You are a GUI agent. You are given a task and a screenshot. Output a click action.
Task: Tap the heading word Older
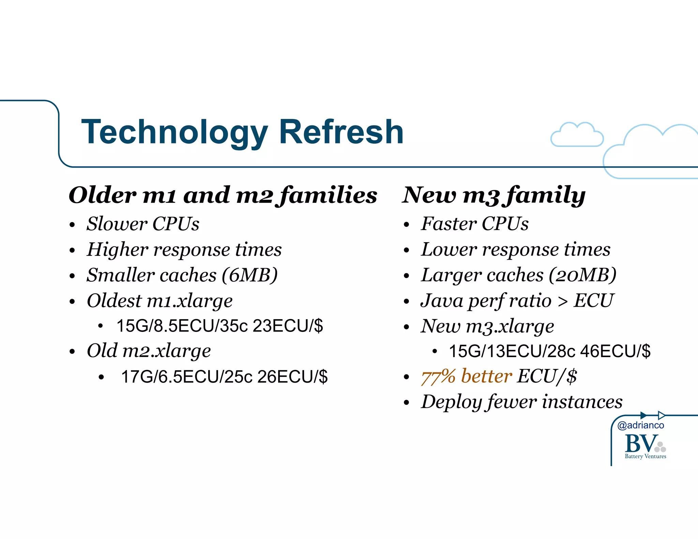102,195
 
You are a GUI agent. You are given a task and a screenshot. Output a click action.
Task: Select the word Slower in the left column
117,224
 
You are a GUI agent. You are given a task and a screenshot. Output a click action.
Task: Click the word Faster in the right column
449,224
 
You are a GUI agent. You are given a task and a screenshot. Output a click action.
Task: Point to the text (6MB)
249,275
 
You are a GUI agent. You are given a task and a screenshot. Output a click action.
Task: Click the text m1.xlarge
189,301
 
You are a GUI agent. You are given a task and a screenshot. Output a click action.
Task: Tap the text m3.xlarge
510,326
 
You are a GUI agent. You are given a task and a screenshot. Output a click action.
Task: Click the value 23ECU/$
288,326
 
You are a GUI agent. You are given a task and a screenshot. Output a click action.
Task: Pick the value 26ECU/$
292,377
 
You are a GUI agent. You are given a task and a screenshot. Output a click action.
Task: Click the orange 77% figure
438,376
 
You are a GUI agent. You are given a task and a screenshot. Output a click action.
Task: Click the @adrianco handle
640,425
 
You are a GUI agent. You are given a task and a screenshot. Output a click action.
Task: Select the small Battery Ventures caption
645,456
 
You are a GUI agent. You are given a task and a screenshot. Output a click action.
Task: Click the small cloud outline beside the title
577,135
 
